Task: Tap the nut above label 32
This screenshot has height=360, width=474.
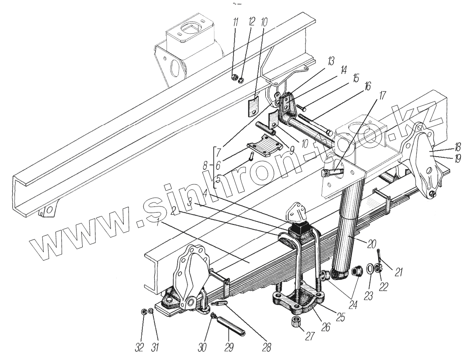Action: coord(143,312)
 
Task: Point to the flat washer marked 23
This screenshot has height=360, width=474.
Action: coord(370,267)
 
